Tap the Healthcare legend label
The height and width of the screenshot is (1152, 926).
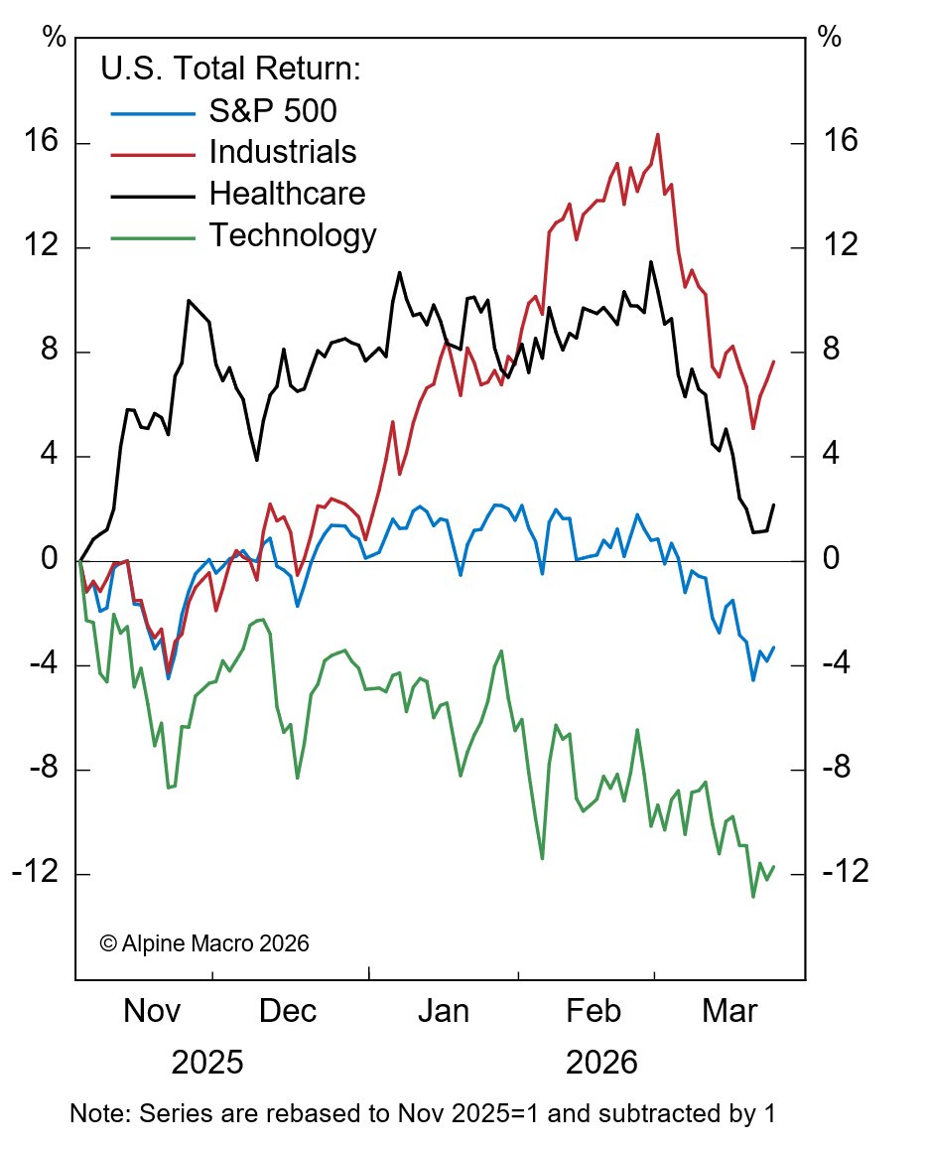tap(287, 193)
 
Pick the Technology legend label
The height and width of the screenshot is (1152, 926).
tap(292, 235)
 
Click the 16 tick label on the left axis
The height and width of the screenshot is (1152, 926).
tap(41, 142)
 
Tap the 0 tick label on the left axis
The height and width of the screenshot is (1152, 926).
tap(49, 561)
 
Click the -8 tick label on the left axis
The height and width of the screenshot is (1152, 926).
tap(37, 769)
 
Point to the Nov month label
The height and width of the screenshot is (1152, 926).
tap(151, 1012)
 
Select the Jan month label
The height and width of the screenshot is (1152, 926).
tap(443, 1012)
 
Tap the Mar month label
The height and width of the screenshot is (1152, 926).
tap(729, 1012)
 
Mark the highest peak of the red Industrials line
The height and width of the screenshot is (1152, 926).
tap(657, 134)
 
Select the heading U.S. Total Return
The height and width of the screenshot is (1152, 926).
tap(229, 69)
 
